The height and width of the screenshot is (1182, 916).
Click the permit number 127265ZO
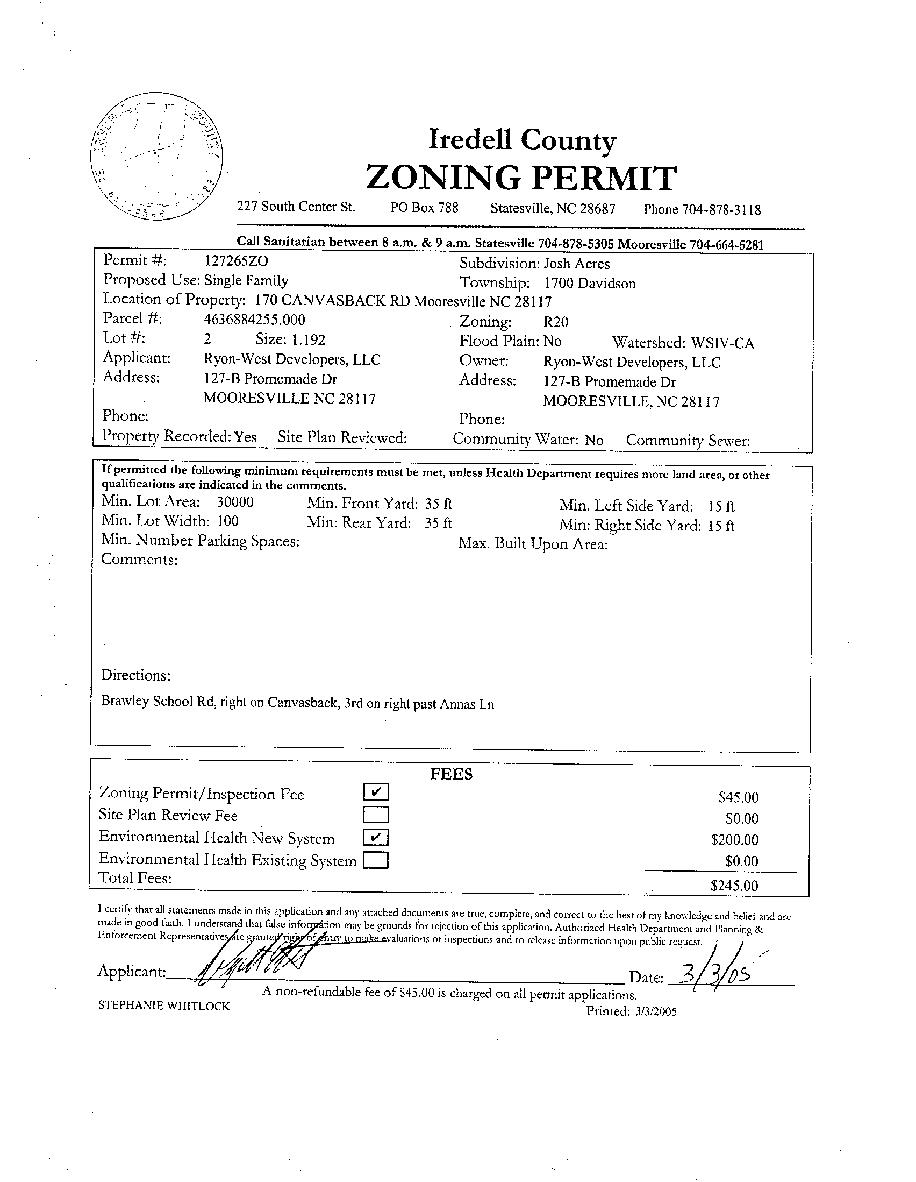tap(236, 261)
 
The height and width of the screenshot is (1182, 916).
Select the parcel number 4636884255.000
tap(254, 320)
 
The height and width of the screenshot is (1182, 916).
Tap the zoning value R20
tap(556, 322)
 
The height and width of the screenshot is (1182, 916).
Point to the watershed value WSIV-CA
tap(722, 343)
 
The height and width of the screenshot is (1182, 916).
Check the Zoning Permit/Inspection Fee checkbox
tap(376, 792)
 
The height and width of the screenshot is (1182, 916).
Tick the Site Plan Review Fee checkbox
tap(376, 815)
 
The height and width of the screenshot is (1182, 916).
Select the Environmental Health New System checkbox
tap(376, 837)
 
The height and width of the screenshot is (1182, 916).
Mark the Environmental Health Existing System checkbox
tap(376, 860)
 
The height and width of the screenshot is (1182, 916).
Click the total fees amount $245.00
tap(734, 886)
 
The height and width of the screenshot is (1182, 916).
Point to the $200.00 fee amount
tap(735, 839)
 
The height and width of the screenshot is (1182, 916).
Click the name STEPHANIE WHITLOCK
tap(164, 1006)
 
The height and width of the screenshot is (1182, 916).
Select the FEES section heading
tap(452, 775)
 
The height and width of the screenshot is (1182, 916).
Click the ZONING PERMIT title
tap(521, 178)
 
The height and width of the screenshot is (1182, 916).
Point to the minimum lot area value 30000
tap(235, 502)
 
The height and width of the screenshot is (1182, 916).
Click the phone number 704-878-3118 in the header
tap(721, 210)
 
